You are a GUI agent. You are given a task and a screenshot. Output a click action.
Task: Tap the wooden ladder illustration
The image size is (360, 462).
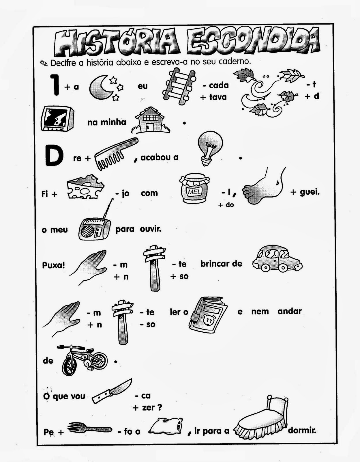[x=179, y=87]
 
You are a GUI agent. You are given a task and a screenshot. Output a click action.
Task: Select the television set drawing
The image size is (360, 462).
[x=57, y=118]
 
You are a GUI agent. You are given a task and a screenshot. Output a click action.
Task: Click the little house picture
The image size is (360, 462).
[x=151, y=120]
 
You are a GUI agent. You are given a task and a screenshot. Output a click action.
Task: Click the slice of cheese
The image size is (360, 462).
[x=85, y=187]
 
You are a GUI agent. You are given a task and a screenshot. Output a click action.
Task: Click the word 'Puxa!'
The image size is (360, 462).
[x=53, y=265]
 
